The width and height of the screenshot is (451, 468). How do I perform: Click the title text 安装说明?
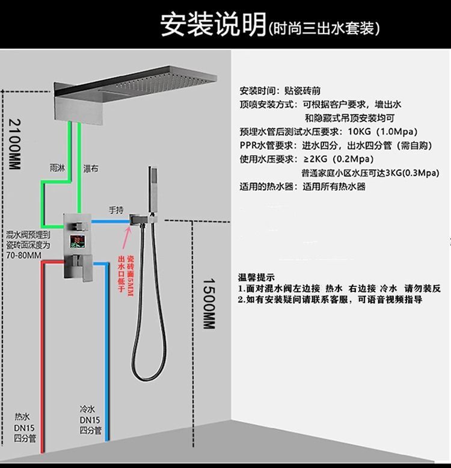click(213, 25)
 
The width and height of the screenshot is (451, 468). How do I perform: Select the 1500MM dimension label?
click(207, 304)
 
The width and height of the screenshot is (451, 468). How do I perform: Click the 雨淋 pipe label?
click(58, 168)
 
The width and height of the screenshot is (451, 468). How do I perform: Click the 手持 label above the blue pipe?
click(115, 210)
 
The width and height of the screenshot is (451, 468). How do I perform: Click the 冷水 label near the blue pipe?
click(87, 408)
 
